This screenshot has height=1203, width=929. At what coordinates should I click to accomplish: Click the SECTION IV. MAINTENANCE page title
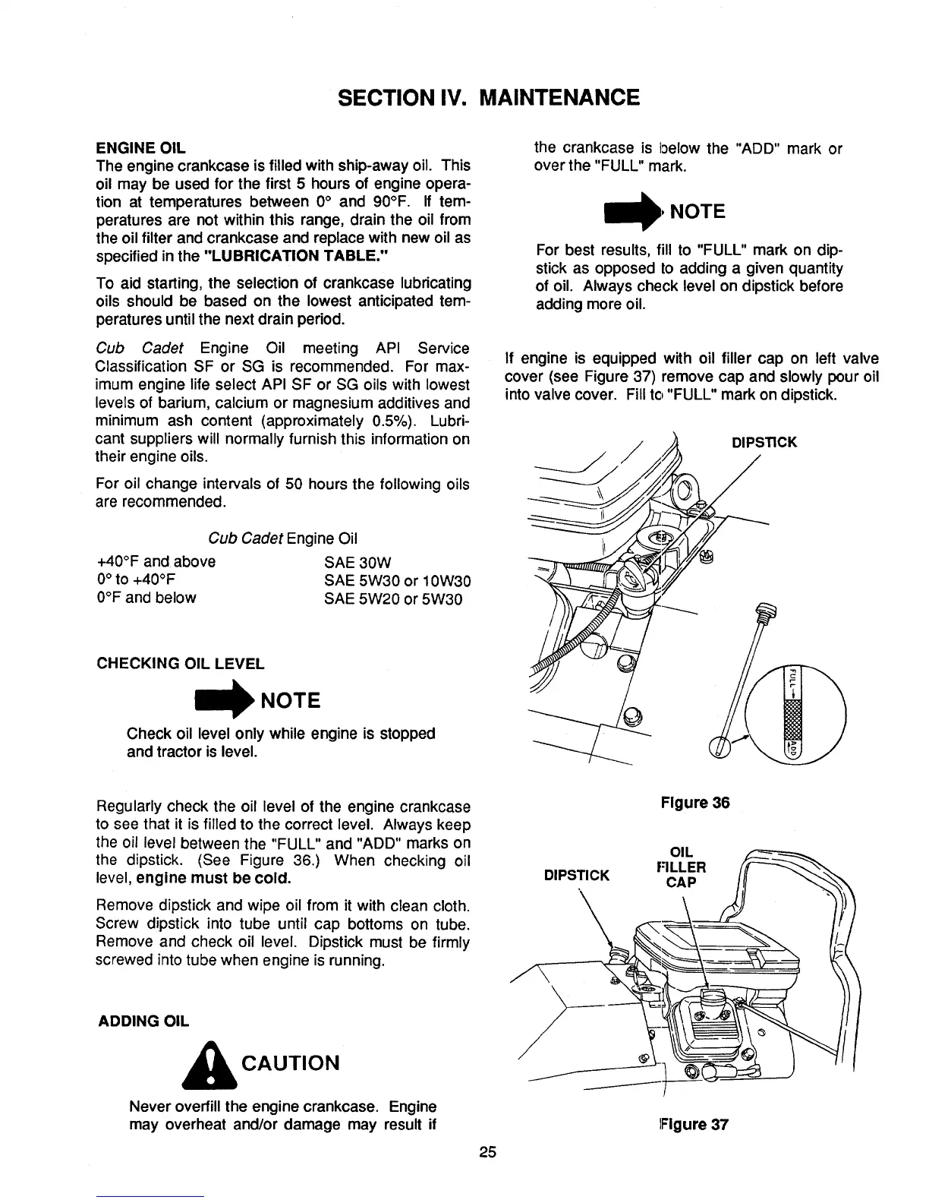pyautogui.click(x=488, y=97)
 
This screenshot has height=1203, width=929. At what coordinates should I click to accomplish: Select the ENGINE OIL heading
pyautogui.click(x=141, y=147)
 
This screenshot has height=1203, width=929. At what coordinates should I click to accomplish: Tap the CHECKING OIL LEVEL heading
pyautogui.click(x=181, y=664)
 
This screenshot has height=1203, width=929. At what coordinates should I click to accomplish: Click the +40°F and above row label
pyautogui.click(x=156, y=562)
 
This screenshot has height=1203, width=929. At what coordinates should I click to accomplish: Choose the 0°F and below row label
pyautogui.click(x=146, y=598)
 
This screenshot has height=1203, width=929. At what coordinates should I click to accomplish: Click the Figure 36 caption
pyautogui.click(x=694, y=803)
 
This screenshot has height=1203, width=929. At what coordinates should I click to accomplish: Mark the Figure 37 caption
pyautogui.click(x=694, y=1125)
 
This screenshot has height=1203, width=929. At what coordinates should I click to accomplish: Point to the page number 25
pyautogui.click(x=487, y=1153)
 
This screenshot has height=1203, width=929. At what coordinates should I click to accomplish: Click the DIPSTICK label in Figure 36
pyautogui.click(x=764, y=442)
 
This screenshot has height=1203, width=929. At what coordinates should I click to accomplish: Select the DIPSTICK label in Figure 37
pyautogui.click(x=577, y=875)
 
